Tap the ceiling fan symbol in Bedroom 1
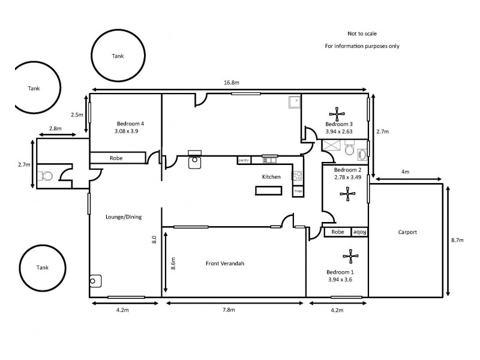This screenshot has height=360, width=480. pyautogui.click(x=350, y=257)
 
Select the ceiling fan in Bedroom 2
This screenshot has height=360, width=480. pyautogui.click(x=346, y=193)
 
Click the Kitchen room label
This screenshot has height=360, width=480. pyautogui.click(x=271, y=177)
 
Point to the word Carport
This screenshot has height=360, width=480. pyautogui.click(x=407, y=232)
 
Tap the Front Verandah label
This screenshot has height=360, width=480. pyautogui.click(x=225, y=263)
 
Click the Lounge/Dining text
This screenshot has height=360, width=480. pyautogui.click(x=124, y=217)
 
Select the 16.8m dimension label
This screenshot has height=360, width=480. pyautogui.click(x=231, y=82)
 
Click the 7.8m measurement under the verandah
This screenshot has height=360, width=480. pyautogui.click(x=229, y=310)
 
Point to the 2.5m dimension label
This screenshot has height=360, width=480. pyautogui.click(x=77, y=114)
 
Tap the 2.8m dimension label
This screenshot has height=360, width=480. pyautogui.click(x=55, y=128)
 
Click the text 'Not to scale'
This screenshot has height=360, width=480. pyautogui.click(x=362, y=34)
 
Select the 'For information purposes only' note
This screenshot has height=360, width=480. pyautogui.click(x=362, y=46)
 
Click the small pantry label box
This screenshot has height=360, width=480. pyautogui.click(x=244, y=160)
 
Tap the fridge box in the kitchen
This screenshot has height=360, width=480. pyautogui.click(x=298, y=191)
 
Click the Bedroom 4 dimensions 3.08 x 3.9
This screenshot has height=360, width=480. pyautogui.click(x=130, y=131)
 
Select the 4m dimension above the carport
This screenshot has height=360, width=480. pyautogui.click(x=405, y=172)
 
